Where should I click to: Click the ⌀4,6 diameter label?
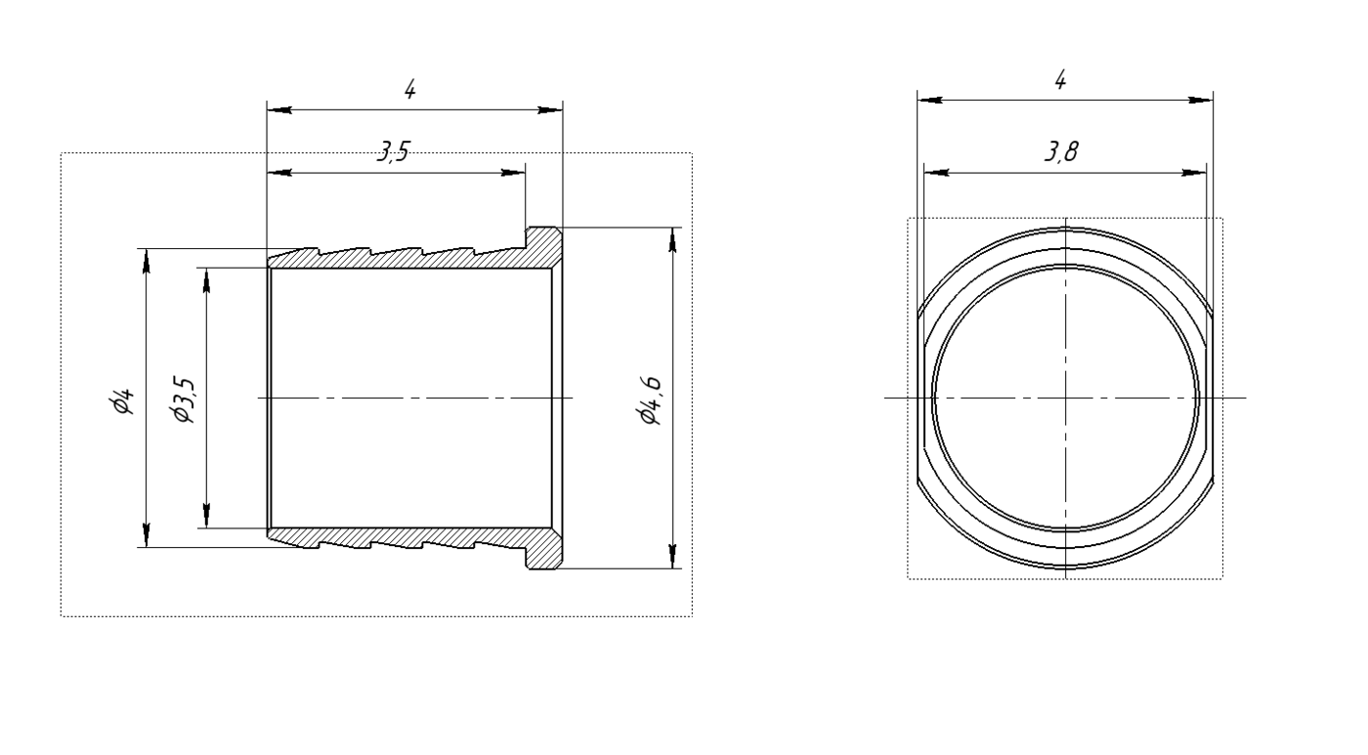point(650,400)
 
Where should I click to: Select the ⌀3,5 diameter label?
point(184,400)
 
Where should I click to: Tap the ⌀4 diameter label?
point(122,400)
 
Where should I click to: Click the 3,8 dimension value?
point(1061,151)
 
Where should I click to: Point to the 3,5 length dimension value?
point(393,151)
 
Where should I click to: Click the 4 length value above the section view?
point(409,90)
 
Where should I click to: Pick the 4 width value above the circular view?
point(1061,80)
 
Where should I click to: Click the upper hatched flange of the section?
point(543,246)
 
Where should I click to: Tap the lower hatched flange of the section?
point(543,549)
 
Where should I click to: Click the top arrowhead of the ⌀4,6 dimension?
point(672,239)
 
